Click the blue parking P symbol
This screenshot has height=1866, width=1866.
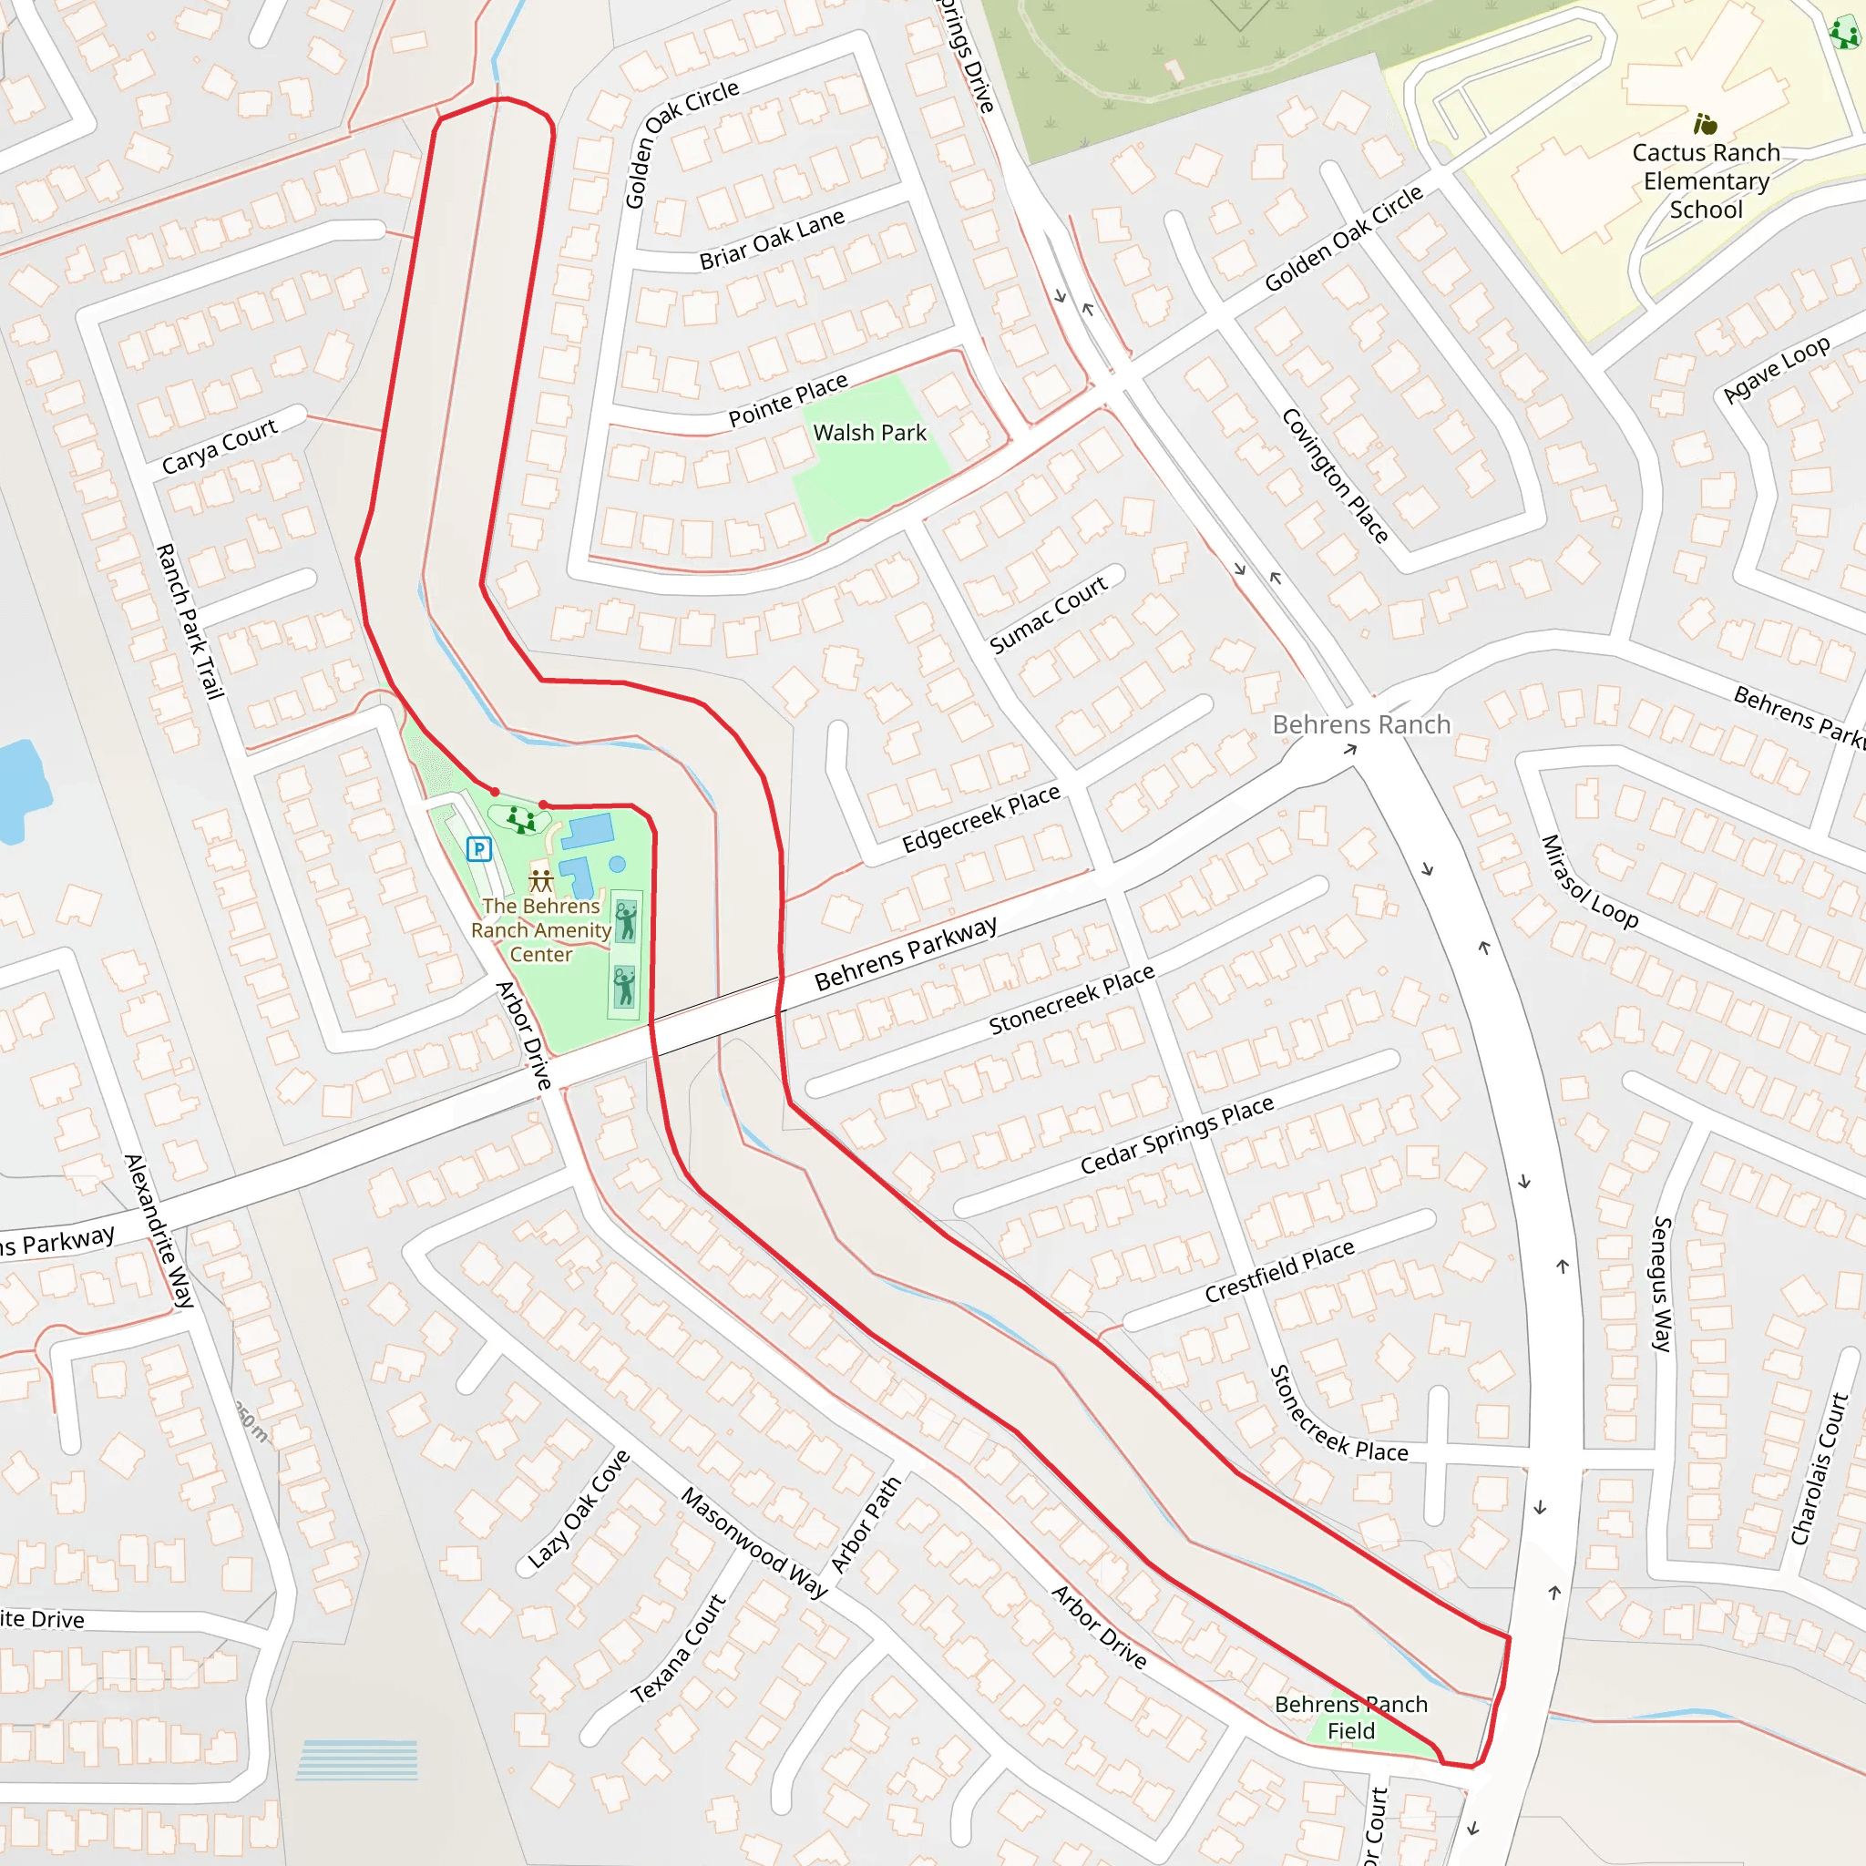pos(479,849)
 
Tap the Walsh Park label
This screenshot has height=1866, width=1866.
pos(869,433)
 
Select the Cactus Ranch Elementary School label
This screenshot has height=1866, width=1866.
pos(1706,180)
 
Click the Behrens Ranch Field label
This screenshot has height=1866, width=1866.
pos(1350,1717)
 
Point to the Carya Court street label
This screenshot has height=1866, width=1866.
pos(220,446)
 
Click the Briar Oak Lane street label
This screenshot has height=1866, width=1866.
pos(772,240)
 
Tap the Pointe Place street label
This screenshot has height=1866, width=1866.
pos(788,400)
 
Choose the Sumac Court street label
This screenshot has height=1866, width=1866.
pos(1048,613)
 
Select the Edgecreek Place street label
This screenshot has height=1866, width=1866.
pos(980,819)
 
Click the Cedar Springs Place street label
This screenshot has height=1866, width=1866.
pos(1176,1135)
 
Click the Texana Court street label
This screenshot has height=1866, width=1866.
pos(678,1648)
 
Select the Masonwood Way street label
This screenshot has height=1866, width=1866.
pos(754,1543)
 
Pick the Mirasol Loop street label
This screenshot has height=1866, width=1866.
pos(1589,882)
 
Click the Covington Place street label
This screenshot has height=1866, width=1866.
pos(1335,476)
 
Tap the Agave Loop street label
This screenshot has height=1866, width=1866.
pos(1776,369)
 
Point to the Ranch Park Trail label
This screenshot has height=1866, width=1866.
pos(190,621)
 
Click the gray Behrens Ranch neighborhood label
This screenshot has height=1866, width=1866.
pos(1361,724)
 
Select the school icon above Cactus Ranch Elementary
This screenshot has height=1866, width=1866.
pos(1705,124)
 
